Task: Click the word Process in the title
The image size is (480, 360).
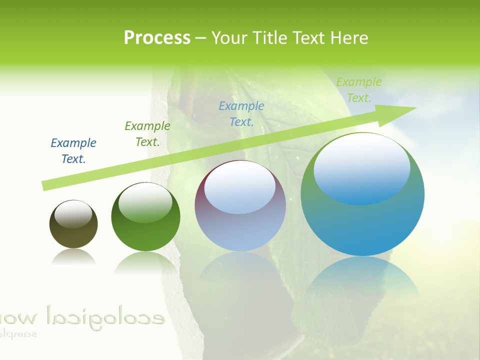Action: tap(157, 38)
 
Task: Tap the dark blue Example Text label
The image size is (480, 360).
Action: tap(73, 151)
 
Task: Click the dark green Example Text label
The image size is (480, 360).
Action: tap(147, 134)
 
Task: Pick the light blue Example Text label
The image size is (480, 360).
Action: tap(241, 113)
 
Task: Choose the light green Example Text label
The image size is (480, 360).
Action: tap(359, 90)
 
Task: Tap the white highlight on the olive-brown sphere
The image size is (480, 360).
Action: tap(73, 214)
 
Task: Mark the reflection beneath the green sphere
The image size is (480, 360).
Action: tap(145, 262)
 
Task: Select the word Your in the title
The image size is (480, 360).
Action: tap(231, 38)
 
